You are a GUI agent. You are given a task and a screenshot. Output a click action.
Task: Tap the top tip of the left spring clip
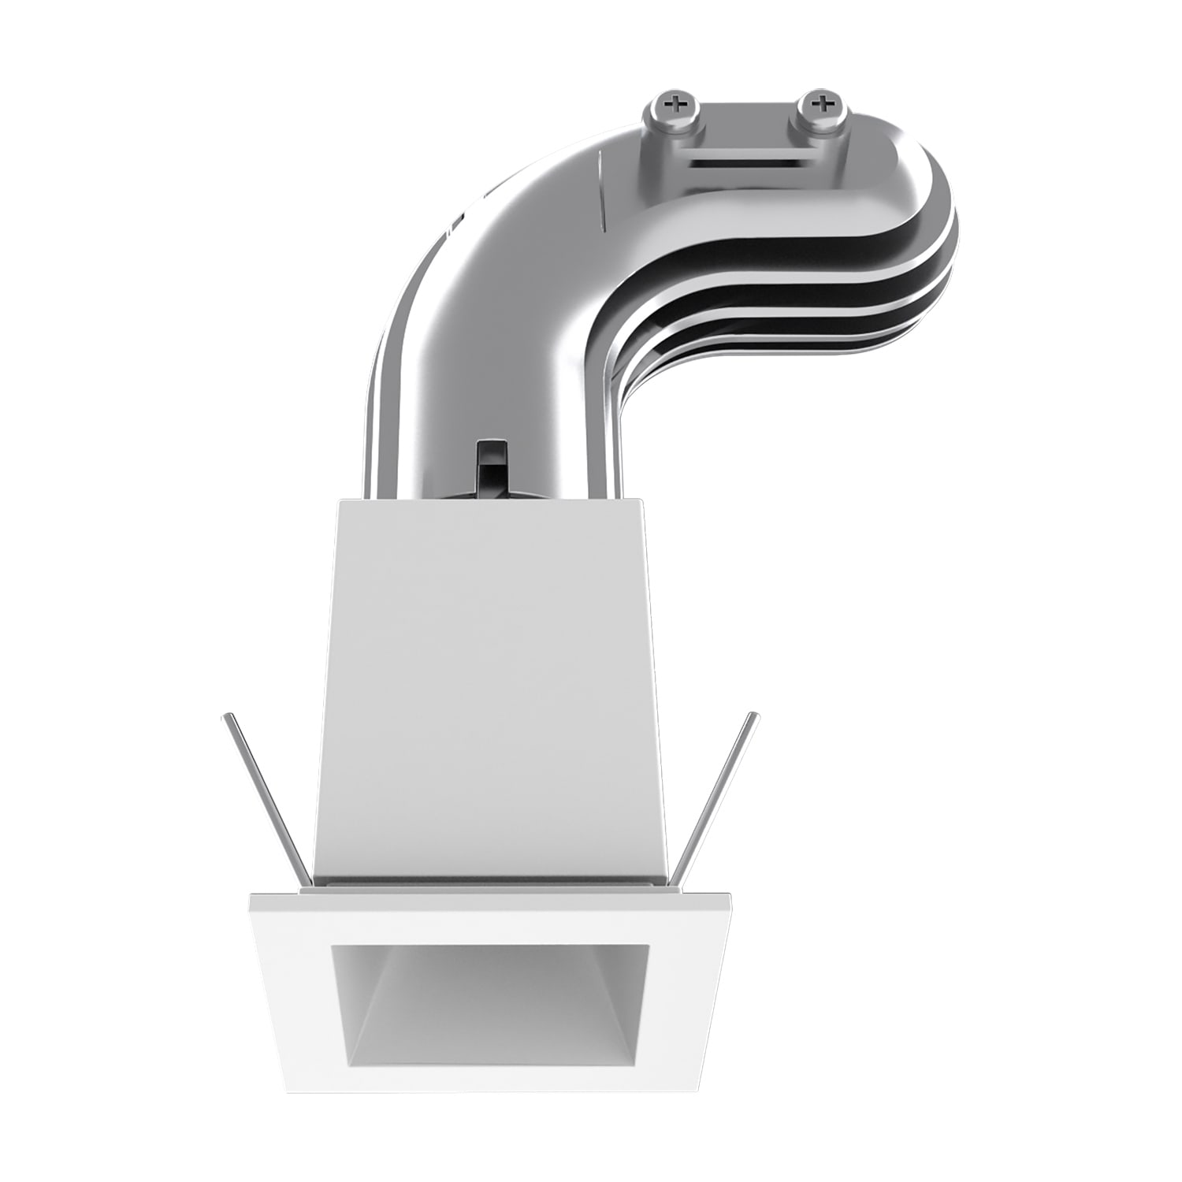226,717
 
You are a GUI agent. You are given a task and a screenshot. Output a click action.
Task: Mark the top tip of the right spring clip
755,717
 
